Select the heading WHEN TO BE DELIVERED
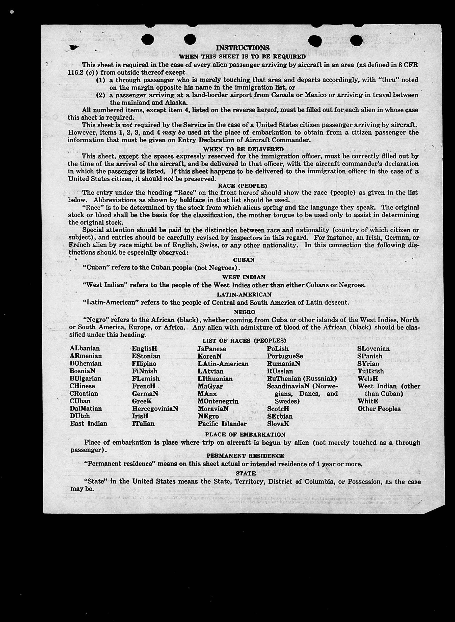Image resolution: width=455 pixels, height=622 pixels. (x=243, y=149)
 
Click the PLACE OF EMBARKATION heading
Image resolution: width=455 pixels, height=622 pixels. (x=245, y=435)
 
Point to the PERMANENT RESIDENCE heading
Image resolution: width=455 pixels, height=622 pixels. (x=245, y=456)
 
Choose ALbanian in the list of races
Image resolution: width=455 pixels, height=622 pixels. (x=85, y=348)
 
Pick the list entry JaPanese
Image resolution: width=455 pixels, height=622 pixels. (x=211, y=348)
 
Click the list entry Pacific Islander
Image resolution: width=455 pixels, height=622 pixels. (x=222, y=424)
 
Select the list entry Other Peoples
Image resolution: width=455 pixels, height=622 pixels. (x=379, y=409)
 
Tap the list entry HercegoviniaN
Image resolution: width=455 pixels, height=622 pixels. (x=155, y=409)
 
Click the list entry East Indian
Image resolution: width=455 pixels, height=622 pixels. (x=88, y=423)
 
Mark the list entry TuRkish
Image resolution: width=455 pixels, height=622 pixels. (x=370, y=371)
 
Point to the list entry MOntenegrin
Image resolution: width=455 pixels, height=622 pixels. (x=218, y=401)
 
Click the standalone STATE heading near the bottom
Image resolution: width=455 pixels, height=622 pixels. (x=246, y=473)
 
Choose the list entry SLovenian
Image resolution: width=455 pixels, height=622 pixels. (x=373, y=348)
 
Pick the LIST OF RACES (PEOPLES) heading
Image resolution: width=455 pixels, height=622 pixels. (x=244, y=341)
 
